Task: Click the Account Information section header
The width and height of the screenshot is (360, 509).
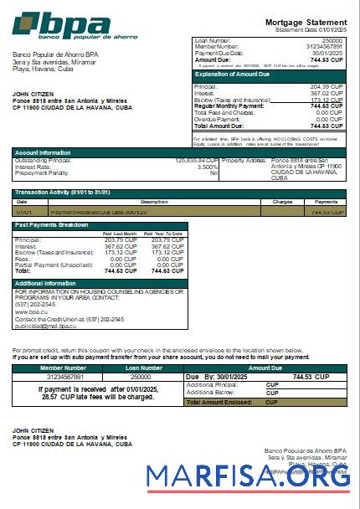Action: pos(43,152)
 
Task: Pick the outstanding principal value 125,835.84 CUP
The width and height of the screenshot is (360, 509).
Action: pos(197,160)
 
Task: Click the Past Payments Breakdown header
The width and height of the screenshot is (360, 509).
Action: pos(52,225)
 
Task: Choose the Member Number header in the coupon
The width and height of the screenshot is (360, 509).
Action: pos(63,368)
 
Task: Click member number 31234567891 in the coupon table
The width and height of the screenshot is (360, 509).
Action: pos(63,377)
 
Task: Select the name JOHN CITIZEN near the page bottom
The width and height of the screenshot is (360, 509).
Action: pos(33,430)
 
